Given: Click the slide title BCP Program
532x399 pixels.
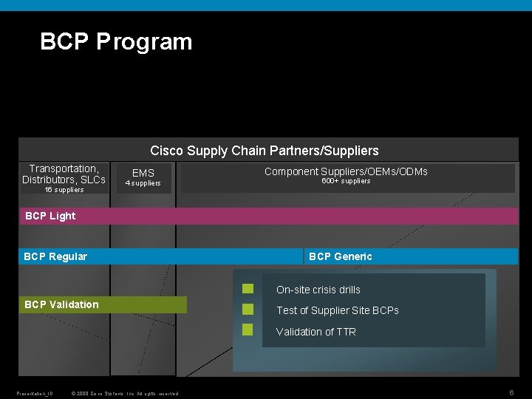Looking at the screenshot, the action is point(116,41).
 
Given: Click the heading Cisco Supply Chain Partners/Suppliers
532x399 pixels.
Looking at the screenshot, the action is point(264,151).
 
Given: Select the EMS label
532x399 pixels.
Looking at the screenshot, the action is point(143,173).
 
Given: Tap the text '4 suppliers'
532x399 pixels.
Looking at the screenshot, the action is point(143,183).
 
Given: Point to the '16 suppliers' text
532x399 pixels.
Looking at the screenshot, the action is point(64,190).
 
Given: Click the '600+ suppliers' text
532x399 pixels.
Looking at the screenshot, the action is point(346,181).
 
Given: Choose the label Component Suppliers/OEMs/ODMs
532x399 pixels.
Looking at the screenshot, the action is point(346,171).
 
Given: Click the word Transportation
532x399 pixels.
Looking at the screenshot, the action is point(64,169).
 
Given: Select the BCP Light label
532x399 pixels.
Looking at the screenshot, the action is point(50,216).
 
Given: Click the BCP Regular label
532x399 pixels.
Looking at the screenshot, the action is point(55,256).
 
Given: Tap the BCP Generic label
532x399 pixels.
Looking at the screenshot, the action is point(340,256).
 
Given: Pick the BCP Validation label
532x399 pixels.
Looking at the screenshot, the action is point(61,304).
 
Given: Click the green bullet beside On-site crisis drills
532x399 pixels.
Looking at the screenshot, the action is point(248,288).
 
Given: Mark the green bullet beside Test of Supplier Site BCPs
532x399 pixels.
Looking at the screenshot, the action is point(248,309).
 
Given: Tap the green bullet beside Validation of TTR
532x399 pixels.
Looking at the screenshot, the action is point(248,330).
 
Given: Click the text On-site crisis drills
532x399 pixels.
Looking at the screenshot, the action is point(318,290).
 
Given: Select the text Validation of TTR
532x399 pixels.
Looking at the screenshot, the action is point(316,332).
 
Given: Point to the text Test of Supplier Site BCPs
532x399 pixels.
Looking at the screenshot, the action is point(337,310).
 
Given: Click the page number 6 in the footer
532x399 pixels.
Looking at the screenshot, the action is point(511,392).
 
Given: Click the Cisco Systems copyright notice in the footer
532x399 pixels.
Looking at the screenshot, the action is point(123,393).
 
